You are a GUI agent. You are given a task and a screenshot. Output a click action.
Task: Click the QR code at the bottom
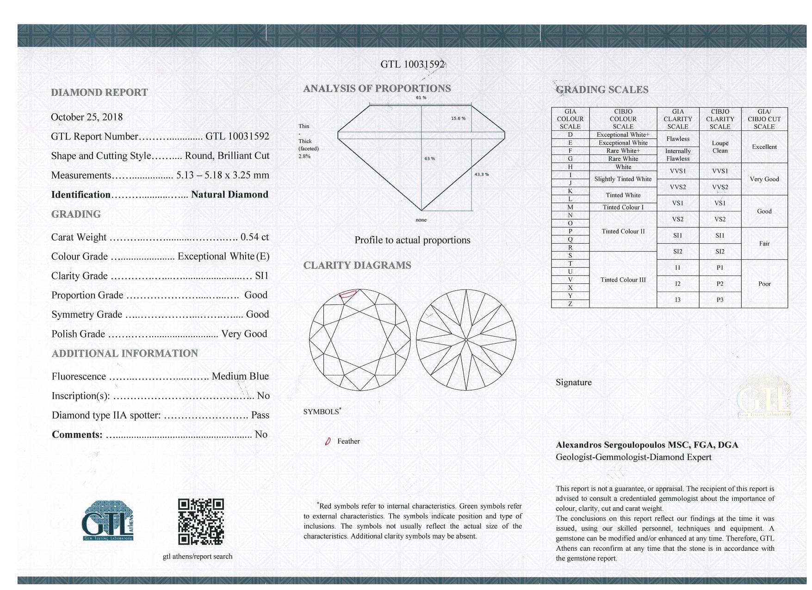(201, 522)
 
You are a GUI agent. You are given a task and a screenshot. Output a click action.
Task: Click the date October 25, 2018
(87, 117)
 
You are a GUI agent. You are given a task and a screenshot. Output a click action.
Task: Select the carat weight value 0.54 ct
(254, 237)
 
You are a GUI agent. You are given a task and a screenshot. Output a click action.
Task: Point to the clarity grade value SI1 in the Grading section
(261, 276)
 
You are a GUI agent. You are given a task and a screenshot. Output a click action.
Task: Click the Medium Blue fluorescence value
(240, 376)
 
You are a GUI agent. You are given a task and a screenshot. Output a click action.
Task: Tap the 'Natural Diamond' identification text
(229, 195)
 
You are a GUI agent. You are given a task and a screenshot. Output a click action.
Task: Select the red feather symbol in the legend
(328, 442)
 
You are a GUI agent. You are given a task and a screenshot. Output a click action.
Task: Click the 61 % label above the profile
(421, 98)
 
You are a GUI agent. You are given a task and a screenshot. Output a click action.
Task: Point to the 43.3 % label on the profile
(482, 174)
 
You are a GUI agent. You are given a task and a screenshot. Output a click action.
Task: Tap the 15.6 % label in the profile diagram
(458, 118)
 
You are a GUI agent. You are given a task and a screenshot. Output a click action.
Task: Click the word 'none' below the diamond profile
(421, 220)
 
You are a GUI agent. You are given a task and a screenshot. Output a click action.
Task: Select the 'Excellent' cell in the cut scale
(764, 147)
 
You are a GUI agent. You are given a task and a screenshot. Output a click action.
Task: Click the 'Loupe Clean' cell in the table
(720, 147)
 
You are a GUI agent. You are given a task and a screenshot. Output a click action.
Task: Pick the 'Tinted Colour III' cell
(623, 280)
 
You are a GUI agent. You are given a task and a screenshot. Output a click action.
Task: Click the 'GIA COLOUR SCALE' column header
(570, 119)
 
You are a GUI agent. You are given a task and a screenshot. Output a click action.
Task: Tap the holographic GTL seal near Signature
(764, 398)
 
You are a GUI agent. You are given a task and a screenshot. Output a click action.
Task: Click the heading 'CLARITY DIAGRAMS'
(357, 265)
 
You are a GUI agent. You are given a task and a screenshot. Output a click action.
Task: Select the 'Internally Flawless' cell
(678, 155)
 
